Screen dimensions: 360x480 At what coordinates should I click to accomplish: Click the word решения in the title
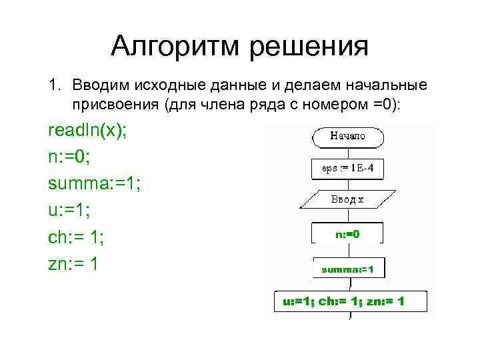point(309,47)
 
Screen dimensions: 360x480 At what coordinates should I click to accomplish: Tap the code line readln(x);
point(87,130)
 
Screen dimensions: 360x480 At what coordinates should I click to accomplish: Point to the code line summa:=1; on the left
point(94,184)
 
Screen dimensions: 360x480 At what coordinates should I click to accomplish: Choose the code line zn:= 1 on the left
point(74,264)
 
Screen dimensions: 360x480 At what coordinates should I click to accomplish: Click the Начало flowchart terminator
point(347,136)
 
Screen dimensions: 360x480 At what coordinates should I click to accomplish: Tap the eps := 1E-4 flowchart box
point(347,169)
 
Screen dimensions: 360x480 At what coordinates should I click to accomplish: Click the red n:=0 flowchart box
point(347,234)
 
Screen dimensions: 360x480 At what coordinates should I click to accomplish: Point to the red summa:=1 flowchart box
point(347,269)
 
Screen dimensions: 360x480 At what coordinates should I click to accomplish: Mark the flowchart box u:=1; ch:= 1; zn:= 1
point(344,301)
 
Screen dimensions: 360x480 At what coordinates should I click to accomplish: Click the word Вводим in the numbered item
point(99,86)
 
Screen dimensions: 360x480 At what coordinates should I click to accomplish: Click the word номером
point(337,105)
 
